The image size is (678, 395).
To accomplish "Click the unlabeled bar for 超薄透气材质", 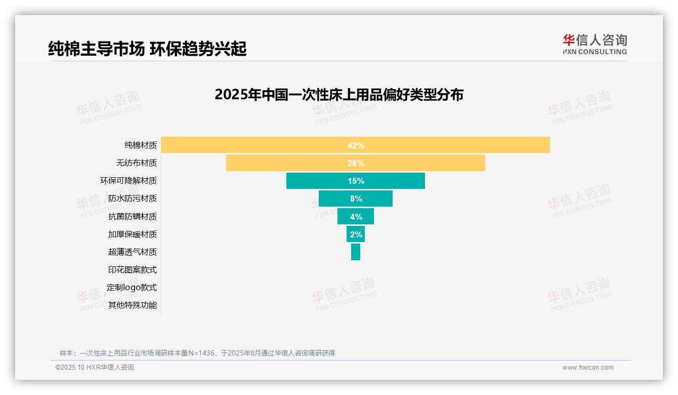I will point(356,252).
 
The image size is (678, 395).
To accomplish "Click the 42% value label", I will point(356,145).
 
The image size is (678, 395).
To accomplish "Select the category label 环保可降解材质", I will point(129,181).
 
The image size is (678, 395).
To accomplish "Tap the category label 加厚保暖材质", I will point(133,234).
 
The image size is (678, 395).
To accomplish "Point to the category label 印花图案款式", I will point(133,270).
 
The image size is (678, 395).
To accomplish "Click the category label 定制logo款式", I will point(132,288).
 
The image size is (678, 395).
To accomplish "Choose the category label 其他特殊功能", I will point(133,305).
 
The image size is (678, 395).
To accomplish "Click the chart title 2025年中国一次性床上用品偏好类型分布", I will point(339,95).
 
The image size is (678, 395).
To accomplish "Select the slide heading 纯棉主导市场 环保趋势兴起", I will point(147,49).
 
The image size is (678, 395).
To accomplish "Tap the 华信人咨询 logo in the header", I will point(595,44).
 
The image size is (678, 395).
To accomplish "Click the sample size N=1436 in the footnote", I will point(202,353).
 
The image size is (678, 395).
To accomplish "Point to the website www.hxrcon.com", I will point(588,368).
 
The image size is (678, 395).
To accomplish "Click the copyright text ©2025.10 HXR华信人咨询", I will point(95,368).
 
